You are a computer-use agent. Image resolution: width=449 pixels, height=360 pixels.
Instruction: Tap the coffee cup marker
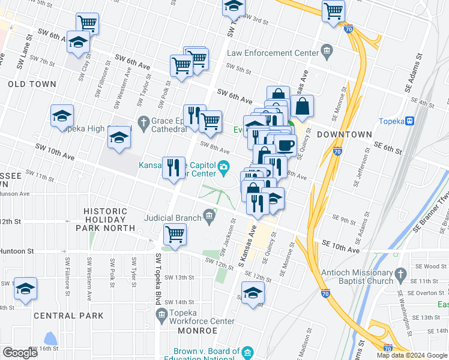(x=286, y=145)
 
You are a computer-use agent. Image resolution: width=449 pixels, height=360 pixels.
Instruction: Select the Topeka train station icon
(x=410, y=121)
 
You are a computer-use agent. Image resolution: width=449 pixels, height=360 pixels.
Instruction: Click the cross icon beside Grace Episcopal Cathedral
(x=143, y=123)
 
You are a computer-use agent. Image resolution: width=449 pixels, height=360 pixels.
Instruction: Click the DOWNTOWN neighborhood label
(x=342, y=134)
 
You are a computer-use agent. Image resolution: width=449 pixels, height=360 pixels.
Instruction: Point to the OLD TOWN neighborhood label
(x=32, y=85)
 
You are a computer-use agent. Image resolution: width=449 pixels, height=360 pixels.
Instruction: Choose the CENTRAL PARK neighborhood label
(x=69, y=316)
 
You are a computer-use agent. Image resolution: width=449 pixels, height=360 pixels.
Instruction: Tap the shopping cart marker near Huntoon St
(x=175, y=234)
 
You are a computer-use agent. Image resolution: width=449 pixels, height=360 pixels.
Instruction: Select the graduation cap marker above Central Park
(x=25, y=289)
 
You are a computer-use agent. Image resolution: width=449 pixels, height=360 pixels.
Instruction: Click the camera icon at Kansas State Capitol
(x=224, y=166)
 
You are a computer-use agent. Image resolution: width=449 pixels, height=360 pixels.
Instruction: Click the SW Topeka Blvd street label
(x=158, y=276)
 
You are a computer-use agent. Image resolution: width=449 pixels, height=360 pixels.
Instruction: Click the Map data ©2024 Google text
(x=412, y=355)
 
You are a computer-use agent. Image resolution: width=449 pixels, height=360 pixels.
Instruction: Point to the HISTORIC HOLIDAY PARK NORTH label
(x=106, y=220)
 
